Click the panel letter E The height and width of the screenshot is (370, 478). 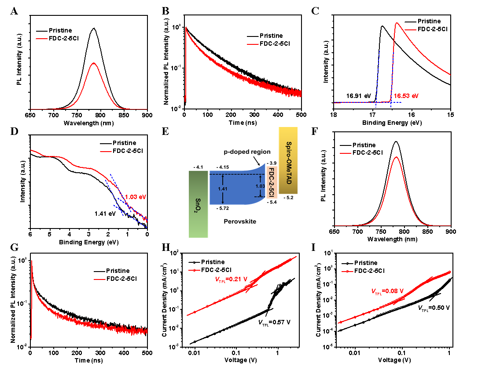coord(165,131)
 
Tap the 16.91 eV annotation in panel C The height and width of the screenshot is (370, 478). coord(358,96)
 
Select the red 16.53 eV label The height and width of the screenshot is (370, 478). coord(406,96)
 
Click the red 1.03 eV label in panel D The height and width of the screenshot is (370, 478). coord(136,197)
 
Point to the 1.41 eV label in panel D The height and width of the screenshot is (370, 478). coord(105,214)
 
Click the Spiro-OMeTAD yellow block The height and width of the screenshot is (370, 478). coord(288,160)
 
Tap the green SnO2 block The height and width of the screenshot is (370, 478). coord(198,204)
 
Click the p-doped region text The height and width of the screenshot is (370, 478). coord(247,152)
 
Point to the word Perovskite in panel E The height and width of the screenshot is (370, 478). coord(240,221)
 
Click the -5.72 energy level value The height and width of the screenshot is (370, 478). coord(223,208)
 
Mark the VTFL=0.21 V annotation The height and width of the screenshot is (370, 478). coord(231,279)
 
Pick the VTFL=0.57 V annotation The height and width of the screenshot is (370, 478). coord(274,322)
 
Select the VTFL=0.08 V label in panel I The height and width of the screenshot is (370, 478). coord(387,291)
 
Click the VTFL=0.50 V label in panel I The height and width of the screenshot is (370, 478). coord(434,308)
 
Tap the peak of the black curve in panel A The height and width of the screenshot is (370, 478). coord(94,28)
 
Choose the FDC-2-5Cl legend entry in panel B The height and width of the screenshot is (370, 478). coord(268,44)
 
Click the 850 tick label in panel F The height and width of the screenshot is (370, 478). coord(427,232)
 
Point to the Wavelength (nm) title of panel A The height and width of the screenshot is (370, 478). coord(89,123)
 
